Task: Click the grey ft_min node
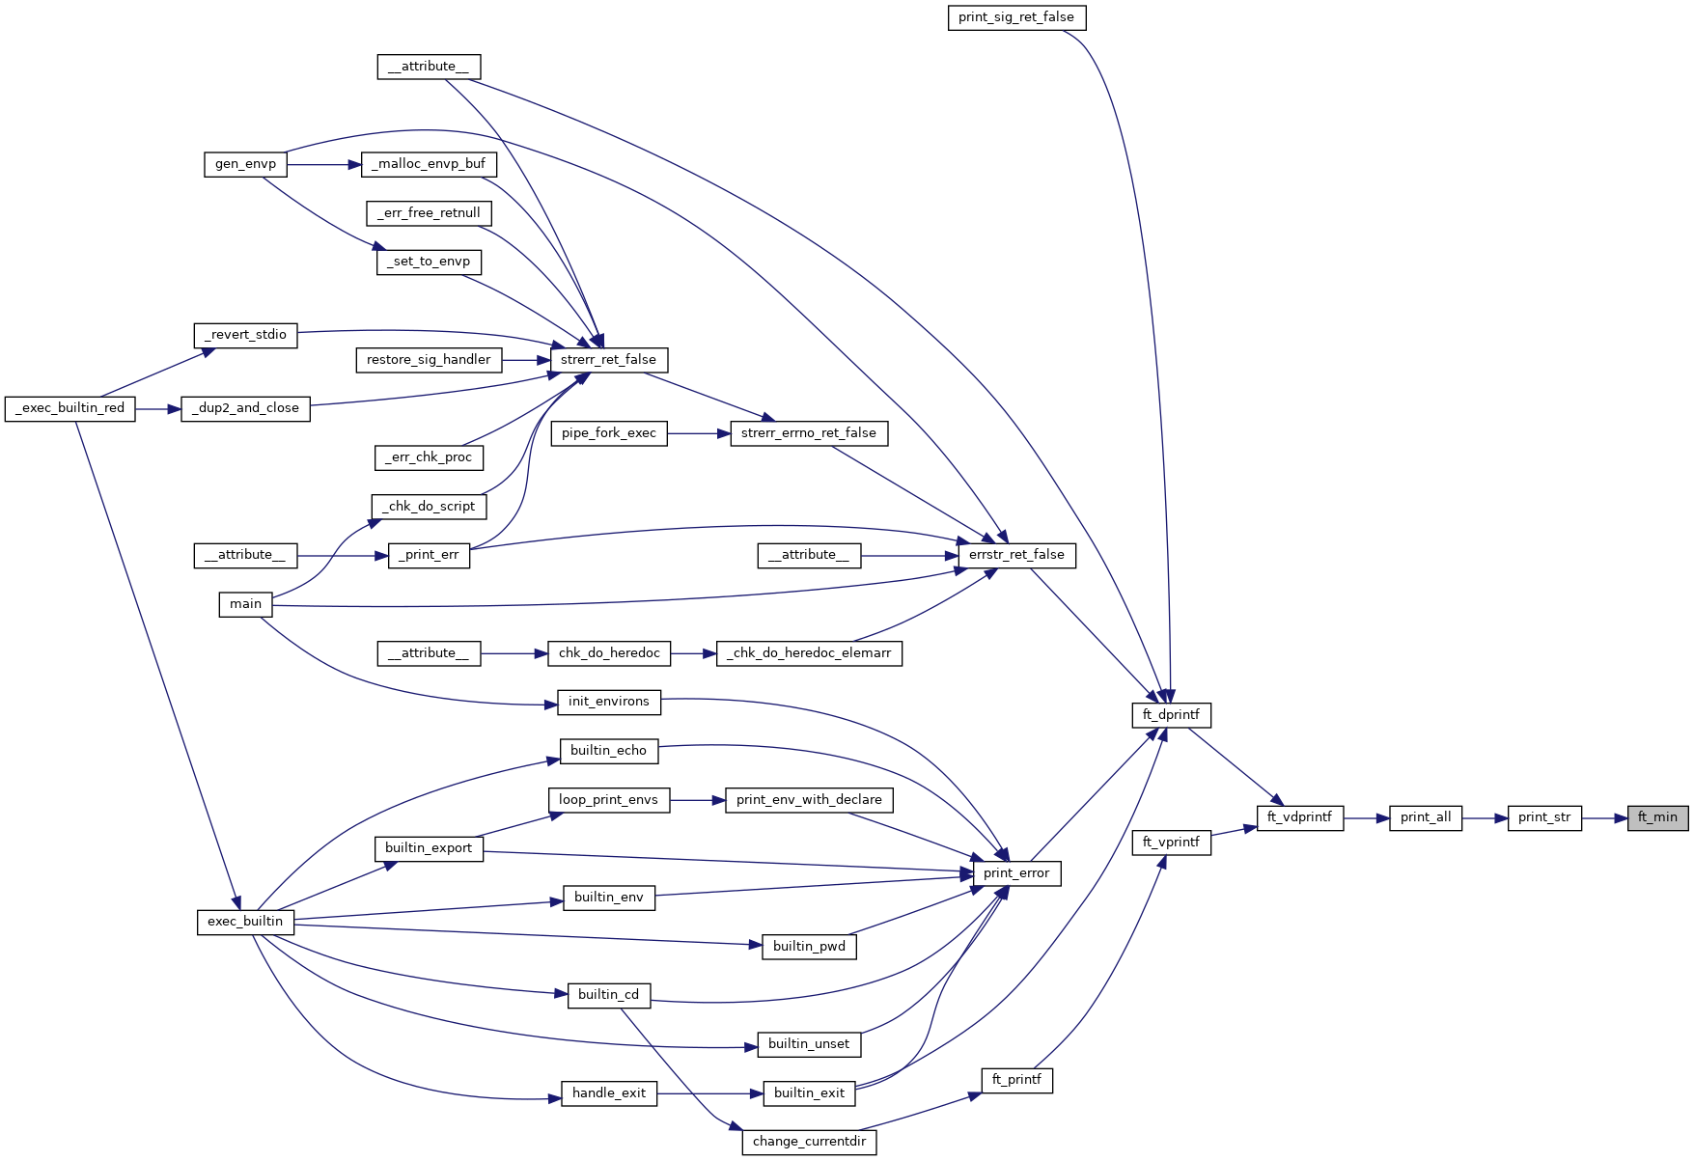pyautogui.click(x=1657, y=817)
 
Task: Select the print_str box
pyautogui.click(x=1544, y=817)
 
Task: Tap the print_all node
pyautogui.click(x=1426, y=817)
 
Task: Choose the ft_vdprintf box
pyautogui.click(x=1299, y=817)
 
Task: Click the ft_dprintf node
pyautogui.click(x=1171, y=715)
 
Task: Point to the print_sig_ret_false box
pyautogui.click(x=1016, y=17)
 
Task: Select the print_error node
pyautogui.click(x=1016, y=873)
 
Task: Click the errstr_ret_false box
pyautogui.click(x=1016, y=555)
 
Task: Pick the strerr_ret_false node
pyautogui.click(x=608, y=360)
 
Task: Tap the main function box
pyautogui.click(x=245, y=604)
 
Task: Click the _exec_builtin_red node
pyautogui.click(x=70, y=408)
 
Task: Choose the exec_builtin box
pyautogui.click(x=245, y=922)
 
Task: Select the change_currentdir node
pyautogui.click(x=809, y=1142)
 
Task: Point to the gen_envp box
pyautogui.click(x=245, y=164)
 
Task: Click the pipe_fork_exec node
pyautogui.click(x=609, y=433)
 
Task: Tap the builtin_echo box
pyautogui.click(x=608, y=751)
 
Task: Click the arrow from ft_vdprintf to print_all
pyautogui.click(x=1366, y=817)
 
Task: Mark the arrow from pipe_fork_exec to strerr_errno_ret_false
pyautogui.click(x=699, y=433)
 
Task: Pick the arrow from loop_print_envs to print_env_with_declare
pyautogui.click(x=697, y=800)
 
